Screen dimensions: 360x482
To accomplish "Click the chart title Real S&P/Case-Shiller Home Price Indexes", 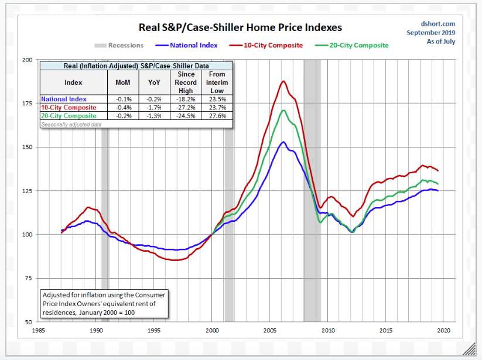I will tap(240, 28).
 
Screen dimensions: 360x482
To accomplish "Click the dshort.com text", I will tap(438, 24).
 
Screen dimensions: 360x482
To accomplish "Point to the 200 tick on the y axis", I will tap(27, 60).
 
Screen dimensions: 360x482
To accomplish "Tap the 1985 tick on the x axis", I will tap(38, 330).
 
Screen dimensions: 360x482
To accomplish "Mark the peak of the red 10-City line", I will tap(283, 81).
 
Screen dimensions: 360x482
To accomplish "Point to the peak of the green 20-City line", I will tap(283, 110).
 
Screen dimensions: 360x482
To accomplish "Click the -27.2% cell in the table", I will tap(186, 108).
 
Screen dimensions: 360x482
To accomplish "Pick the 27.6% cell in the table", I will tap(217, 116).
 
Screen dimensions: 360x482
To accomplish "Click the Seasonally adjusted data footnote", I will tap(71, 124).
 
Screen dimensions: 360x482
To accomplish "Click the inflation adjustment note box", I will tap(104, 303).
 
